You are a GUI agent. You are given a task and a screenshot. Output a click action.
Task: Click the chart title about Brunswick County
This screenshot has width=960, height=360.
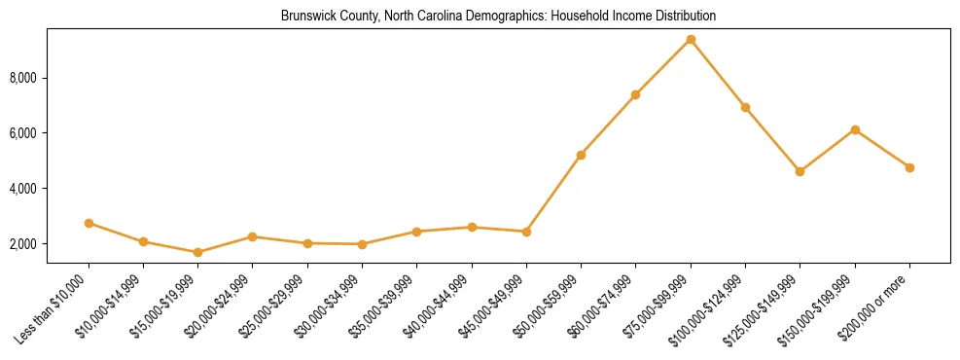coord(498,17)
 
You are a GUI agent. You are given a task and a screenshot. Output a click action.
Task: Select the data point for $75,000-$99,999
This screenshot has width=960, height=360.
coord(691,39)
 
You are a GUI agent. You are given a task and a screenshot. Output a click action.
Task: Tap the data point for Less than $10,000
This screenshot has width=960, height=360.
coord(89,223)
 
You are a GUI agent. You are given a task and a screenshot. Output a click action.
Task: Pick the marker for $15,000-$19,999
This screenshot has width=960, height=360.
coord(197,252)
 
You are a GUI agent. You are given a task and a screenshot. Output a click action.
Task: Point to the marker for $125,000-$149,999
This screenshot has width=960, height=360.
coord(800,171)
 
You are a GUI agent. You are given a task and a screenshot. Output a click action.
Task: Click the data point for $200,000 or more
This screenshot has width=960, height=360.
coord(909,167)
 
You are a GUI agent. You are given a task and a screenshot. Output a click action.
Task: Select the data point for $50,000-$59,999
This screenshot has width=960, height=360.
coord(581,155)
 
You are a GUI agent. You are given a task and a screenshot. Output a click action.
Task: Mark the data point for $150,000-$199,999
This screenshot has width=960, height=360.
coord(855,129)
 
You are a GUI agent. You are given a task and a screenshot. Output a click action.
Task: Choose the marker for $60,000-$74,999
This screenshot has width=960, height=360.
coord(635,94)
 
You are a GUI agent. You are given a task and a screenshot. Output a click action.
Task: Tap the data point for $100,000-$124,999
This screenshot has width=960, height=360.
coord(745,107)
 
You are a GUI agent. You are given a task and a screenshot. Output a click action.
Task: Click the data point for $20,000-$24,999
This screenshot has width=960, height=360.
coord(252,236)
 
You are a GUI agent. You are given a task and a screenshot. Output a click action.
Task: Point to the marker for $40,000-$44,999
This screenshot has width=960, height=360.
coord(472,227)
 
